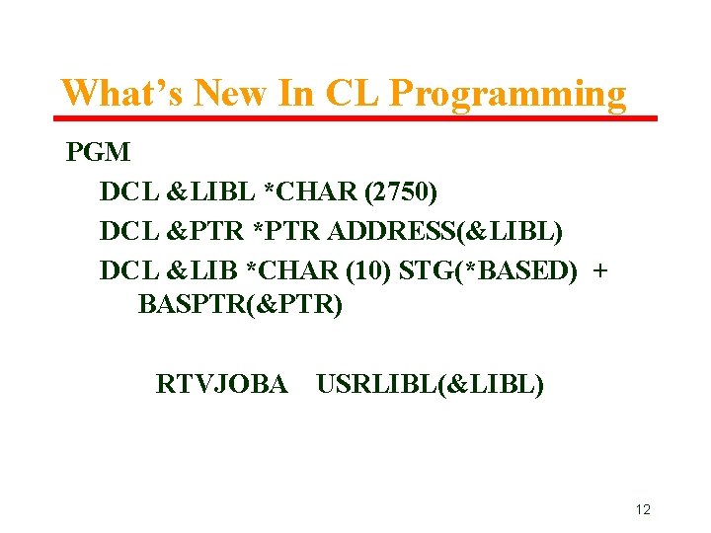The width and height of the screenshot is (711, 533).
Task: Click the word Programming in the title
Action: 508,94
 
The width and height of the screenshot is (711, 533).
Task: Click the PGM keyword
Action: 98,153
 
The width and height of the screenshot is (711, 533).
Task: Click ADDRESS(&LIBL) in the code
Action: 446,231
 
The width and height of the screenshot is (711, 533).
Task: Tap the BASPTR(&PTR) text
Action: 240,305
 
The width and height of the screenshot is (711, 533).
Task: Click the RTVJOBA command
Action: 221,383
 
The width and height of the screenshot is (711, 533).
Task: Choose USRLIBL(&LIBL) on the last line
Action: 430,383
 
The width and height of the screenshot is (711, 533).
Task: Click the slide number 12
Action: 643,509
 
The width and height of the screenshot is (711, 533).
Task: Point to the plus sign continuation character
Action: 599,269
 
